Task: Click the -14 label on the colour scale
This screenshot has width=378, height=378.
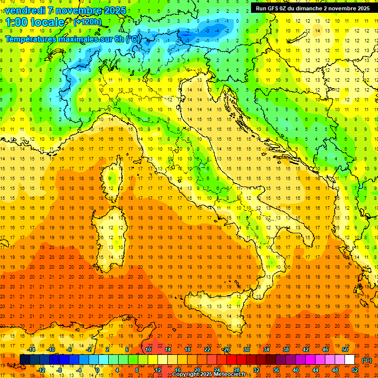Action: pyautogui.click(x=31, y=349)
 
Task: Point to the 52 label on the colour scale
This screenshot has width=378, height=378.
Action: pyautogui.click(x=355, y=370)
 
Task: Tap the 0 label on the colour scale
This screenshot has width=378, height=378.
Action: pyautogui.click(x=98, y=370)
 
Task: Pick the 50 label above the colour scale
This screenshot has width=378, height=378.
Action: pyautogui.click(x=345, y=349)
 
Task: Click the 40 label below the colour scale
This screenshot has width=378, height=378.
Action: pyautogui.click(x=295, y=370)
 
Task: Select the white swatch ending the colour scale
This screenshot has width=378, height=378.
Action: pyautogui.click(x=349, y=360)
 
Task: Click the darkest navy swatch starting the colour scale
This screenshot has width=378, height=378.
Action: pyautogui.click(x=25, y=360)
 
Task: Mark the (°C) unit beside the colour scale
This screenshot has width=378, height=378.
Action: pyautogui.click(x=367, y=360)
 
